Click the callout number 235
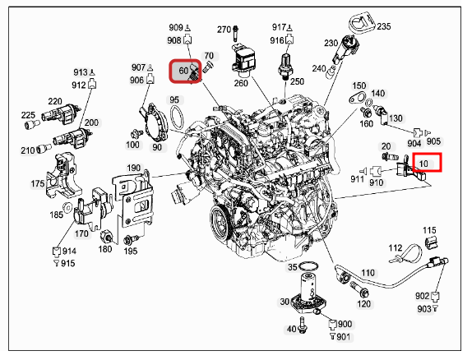(x=383, y=26)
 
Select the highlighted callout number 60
(x=183, y=71)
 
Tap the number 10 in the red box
(x=423, y=164)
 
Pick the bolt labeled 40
(x=303, y=325)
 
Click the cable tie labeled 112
(x=405, y=252)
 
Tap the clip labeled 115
(x=432, y=242)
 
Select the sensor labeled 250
(x=285, y=67)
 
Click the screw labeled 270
(x=235, y=33)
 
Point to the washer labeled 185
(x=67, y=207)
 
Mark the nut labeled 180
(x=107, y=238)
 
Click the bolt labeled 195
(x=131, y=240)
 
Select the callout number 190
(x=134, y=168)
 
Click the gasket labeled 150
(x=356, y=98)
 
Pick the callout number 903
(x=423, y=309)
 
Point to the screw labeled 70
(x=207, y=67)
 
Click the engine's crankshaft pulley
(x=220, y=222)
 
